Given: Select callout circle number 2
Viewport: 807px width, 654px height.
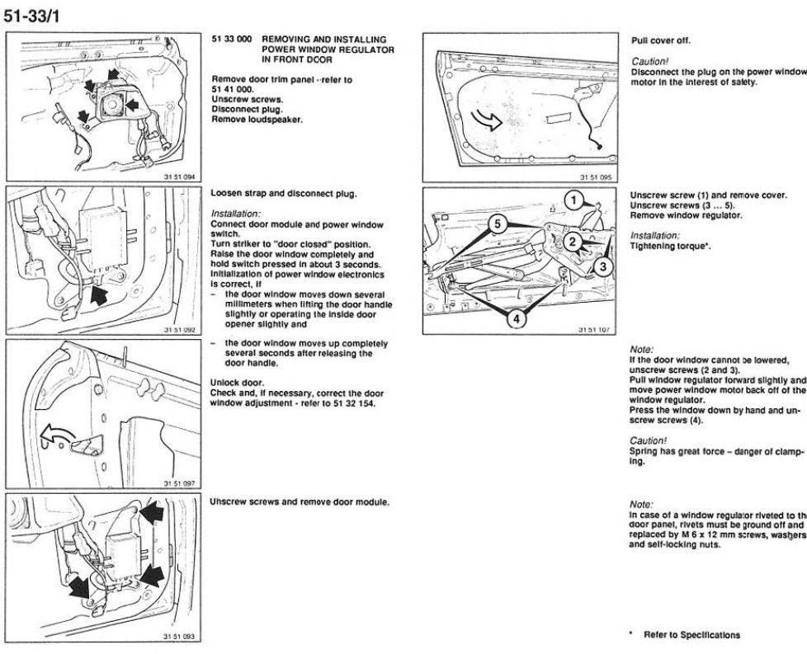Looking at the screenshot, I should (x=570, y=242).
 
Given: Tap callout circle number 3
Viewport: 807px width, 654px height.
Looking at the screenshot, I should (x=602, y=266).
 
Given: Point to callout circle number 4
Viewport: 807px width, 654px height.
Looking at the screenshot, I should (x=514, y=320).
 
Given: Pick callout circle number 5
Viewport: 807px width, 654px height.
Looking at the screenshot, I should (x=495, y=222).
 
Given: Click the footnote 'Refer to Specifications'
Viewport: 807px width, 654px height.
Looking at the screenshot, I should (x=691, y=634).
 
